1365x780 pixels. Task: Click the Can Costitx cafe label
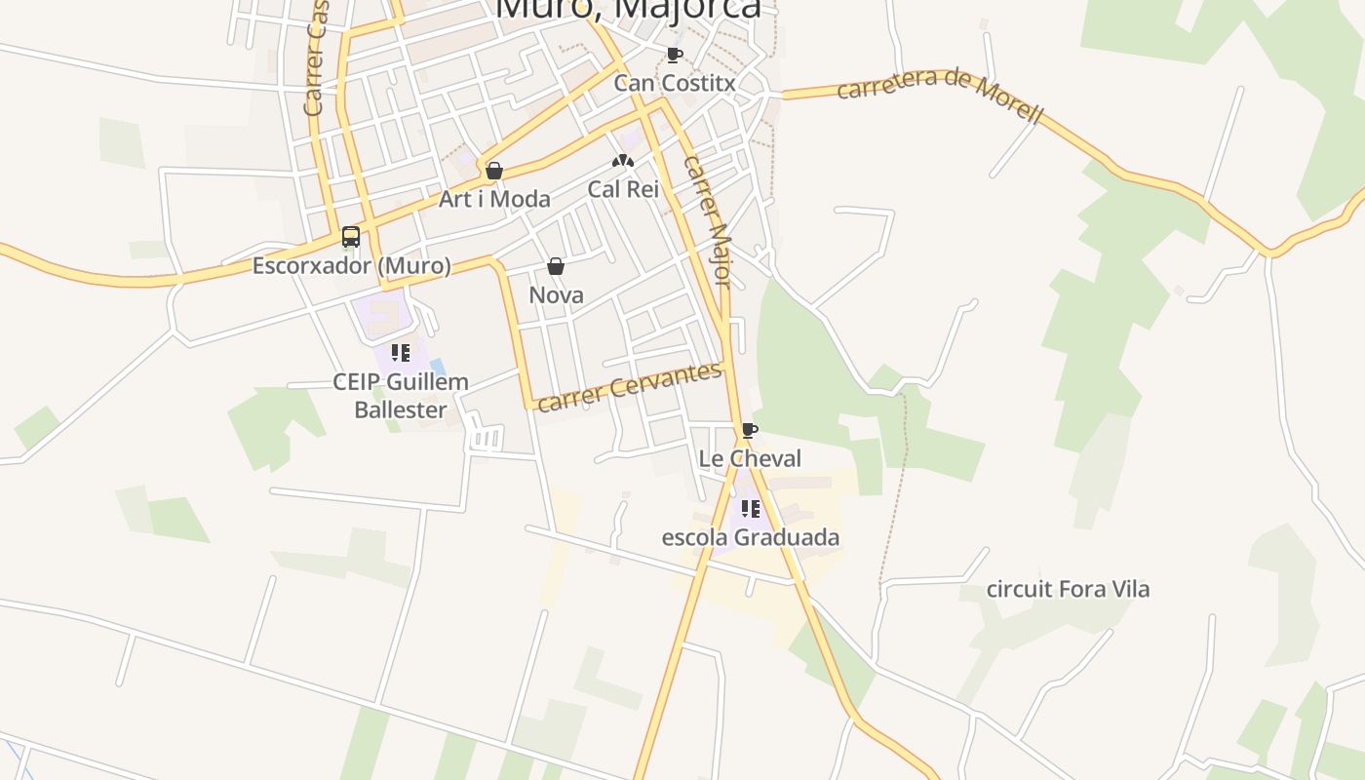pyautogui.click(x=674, y=83)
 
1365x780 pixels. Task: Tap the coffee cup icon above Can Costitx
pyautogui.click(x=674, y=55)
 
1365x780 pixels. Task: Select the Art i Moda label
pyautogui.click(x=494, y=199)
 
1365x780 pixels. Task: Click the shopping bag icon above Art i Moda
pyautogui.click(x=494, y=172)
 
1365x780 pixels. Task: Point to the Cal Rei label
pyautogui.click(x=623, y=189)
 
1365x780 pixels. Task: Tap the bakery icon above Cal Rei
pyautogui.click(x=623, y=161)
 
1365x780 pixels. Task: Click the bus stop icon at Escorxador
pyautogui.click(x=351, y=237)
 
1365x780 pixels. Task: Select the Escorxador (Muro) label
pyautogui.click(x=352, y=265)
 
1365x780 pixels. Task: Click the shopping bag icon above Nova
pyautogui.click(x=556, y=266)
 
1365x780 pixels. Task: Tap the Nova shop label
pyautogui.click(x=556, y=294)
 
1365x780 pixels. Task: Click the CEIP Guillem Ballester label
pyautogui.click(x=401, y=395)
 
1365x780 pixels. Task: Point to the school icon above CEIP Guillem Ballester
pyautogui.click(x=400, y=352)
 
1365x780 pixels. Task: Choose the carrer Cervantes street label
pyautogui.click(x=630, y=387)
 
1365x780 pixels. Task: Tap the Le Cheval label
pyautogui.click(x=750, y=458)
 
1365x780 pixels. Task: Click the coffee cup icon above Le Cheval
pyautogui.click(x=749, y=430)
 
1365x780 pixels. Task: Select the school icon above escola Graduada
pyautogui.click(x=750, y=509)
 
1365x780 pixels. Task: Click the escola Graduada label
pyautogui.click(x=750, y=537)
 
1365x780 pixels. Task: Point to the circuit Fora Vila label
pyautogui.click(x=1068, y=589)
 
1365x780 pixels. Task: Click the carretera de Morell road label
pyautogui.click(x=940, y=96)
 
